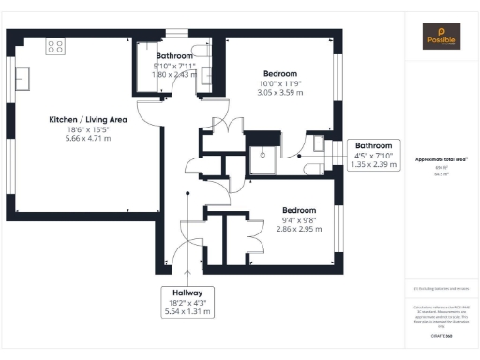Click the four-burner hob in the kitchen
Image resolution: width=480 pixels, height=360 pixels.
pyautogui.click(x=54, y=45)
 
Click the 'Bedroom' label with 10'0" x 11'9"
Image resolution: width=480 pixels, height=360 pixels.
pyautogui.click(x=279, y=73)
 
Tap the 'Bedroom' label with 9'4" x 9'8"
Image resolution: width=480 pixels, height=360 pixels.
pyautogui.click(x=298, y=210)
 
